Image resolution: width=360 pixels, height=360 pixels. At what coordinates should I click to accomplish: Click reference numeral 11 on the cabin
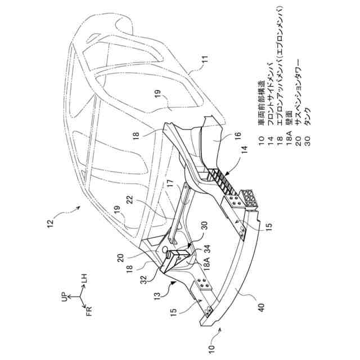pos(204,58)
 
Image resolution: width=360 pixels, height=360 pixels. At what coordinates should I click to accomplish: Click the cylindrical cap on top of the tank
pos(167,249)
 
